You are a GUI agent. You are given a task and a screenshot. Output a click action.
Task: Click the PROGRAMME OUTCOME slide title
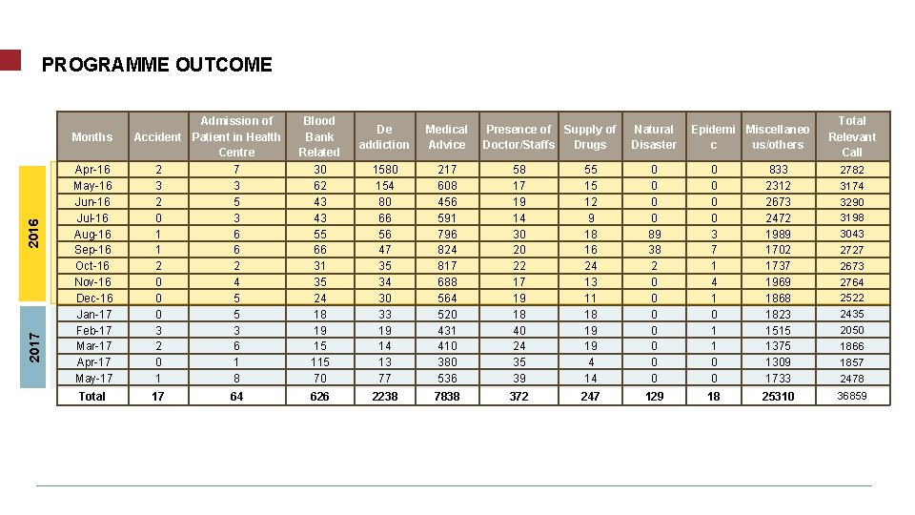tap(156, 65)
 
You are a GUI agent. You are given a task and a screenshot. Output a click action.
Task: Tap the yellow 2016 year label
tap(33, 234)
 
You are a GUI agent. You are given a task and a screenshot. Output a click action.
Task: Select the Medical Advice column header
tap(446, 136)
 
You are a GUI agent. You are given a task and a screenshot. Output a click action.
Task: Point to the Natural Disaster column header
tap(654, 136)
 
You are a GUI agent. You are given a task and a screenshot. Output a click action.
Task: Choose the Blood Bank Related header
tap(319, 136)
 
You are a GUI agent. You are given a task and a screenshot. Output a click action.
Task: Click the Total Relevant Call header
tap(851, 136)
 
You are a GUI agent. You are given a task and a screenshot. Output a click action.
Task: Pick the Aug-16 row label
tap(92, 234)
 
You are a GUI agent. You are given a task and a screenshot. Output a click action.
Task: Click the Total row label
tap(92, 396)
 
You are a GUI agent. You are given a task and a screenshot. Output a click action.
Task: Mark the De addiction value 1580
tap(384, 170)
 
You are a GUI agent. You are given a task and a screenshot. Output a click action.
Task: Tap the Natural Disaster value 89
tap(654, 234)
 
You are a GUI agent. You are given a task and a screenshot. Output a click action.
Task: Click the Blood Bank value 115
tap(319, 362)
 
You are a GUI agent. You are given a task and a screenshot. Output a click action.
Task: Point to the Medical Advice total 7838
tap(446, 396)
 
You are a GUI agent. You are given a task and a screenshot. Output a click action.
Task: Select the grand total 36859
tap(851, 396)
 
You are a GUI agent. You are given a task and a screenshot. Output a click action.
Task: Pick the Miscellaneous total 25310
tap(778, 396)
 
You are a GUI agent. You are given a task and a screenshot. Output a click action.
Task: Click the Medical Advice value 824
tap(446, 250)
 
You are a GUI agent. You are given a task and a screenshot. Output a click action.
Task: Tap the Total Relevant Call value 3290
tap(851, 202)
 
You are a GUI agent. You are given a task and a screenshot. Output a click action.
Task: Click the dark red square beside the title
tap(10, 60)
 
